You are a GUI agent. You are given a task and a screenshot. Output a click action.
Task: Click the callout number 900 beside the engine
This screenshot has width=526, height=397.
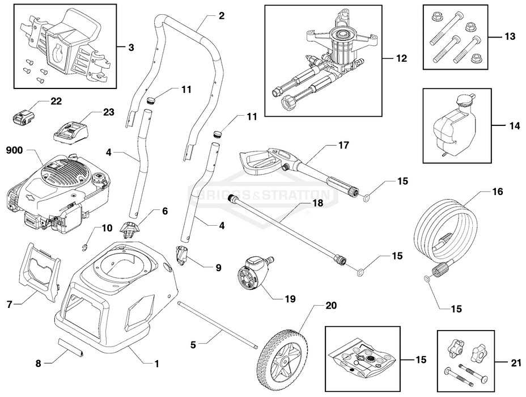coord(15,151)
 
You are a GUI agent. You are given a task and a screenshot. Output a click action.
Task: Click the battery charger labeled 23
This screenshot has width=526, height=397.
coord(71,135)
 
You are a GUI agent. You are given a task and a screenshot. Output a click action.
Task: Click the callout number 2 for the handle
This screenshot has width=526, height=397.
coord(221,16)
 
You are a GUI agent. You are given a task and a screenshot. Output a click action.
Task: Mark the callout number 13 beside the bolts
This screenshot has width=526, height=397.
coord(510,36)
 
